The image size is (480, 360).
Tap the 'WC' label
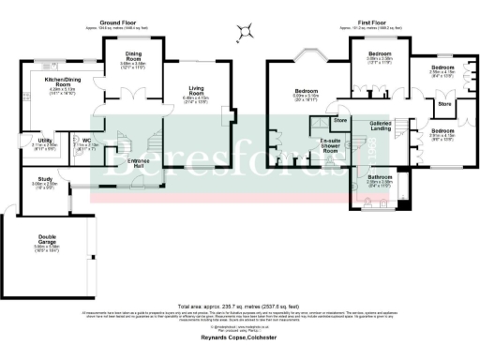pyautogui.click(x=85, y=140)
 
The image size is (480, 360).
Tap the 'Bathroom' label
pyautogui.click(x=380, y=176)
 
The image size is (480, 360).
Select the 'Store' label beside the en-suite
pyautogui.click(x=340, y=120)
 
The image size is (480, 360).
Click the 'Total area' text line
pyautogui.click(x=240, y=305)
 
